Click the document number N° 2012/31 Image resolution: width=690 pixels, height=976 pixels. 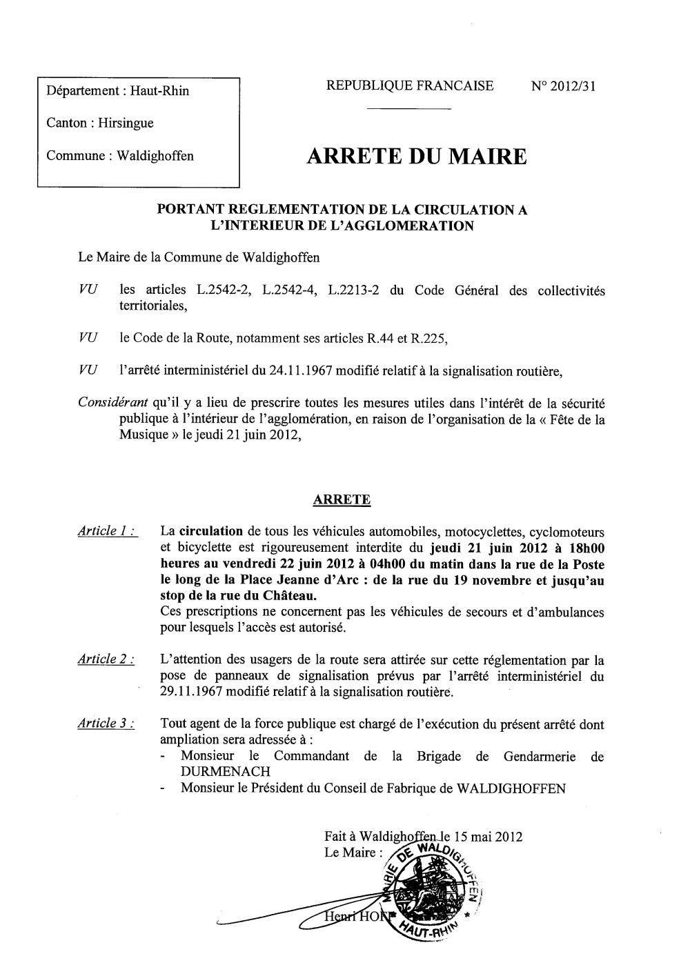pos(563,86)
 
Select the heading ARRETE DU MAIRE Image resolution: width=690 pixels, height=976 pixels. pos(415,157)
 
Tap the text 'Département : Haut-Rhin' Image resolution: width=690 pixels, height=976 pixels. pos(117,90)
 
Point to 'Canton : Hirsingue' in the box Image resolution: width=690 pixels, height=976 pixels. pos(99,123)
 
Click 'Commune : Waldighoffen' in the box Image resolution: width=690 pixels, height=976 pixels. pos(119,156)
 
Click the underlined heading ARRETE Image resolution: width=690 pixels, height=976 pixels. pos(342,500)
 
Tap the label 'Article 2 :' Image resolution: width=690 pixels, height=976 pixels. pos(106,659)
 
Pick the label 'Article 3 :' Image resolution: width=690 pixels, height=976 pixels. pos(106,724)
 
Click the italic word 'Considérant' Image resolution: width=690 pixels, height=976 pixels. pos(110,403)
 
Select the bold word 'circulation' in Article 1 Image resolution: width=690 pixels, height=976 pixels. pos(211,532)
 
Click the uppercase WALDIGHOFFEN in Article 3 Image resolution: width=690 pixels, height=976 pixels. pos(511,788)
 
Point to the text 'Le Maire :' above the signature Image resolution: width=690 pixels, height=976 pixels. pos(351,853)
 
